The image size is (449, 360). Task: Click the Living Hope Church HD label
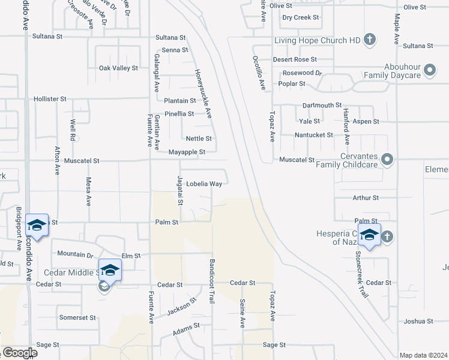(318, 40)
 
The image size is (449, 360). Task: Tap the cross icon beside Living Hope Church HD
(370, 40)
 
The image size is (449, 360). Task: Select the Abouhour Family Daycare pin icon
(430, 71)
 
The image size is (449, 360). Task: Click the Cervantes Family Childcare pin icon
(388, 159)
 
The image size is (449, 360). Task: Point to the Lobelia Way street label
(204, 184)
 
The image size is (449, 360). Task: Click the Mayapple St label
(187, 152)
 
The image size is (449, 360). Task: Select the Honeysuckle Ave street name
(202, 92)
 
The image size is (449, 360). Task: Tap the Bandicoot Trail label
(212, 281)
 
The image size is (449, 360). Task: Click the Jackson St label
(181, 307)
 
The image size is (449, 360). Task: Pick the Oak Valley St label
(118, 68)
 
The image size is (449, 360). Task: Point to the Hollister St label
(50, 98)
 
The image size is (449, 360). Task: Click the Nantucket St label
(313, 135)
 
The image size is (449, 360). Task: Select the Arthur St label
(366, 197)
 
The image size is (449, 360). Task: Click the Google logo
(19, 353)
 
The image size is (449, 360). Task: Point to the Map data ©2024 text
(423, 355)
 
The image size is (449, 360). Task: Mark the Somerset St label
(77, 317)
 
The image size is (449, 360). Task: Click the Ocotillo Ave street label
(259, 73)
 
